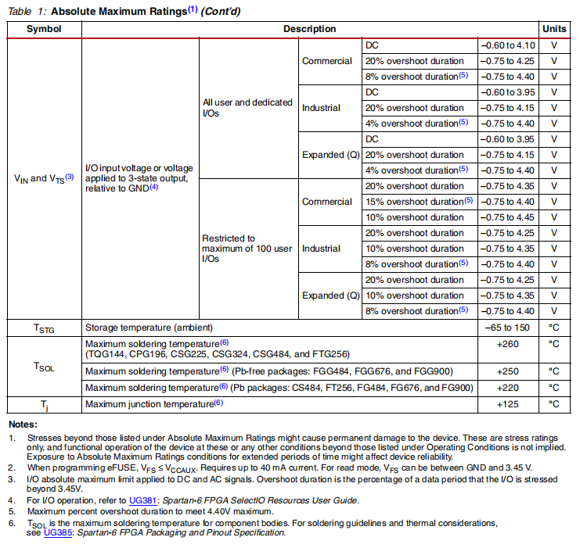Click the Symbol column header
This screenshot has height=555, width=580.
(x=44, y=29)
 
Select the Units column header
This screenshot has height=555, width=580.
(x=554, y=29)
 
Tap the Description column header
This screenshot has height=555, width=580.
(x=309, y=29)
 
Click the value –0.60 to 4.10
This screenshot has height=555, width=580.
(x=508, y=45)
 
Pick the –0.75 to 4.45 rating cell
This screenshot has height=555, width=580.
(x=508, y=217)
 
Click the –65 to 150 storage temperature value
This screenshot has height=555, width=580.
(x=508, y=328)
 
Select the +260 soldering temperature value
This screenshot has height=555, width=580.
(x=508, y=344)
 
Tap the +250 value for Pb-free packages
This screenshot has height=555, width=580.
(x=508, y=371)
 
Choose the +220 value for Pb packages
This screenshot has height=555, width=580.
(x=508, y=388)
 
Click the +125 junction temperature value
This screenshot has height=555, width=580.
(x=508, y=404)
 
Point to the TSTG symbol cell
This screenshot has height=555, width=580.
(x=44, y=328)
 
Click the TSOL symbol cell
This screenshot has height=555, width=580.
(x=44, y=366)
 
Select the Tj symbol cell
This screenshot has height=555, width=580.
(x=44, y=404)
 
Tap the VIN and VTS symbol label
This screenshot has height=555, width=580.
(x=44, y=178)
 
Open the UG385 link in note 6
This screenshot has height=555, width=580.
(x=56, y=532)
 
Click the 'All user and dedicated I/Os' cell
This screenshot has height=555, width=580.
(x=247, y=108)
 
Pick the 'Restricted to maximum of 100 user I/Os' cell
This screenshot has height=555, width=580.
(x=247, y=249)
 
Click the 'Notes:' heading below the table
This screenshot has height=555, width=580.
(x=23, y=424)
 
